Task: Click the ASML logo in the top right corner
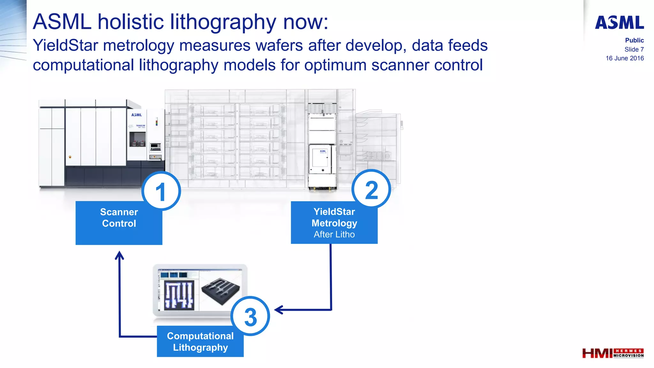point(619,23)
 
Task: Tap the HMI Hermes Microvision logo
point(612,353)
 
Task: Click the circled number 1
point(161,191)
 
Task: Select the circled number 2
point(371,189)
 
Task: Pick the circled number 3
point(250,316)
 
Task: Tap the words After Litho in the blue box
point(334,234)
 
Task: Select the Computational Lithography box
point(200,341)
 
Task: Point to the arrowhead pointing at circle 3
point(278,310)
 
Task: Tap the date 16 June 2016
point(625,58)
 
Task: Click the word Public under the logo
point(634,40)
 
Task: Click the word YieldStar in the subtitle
point(65,45)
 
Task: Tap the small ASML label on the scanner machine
point(137,115)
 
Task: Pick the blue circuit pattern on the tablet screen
point(179,295)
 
